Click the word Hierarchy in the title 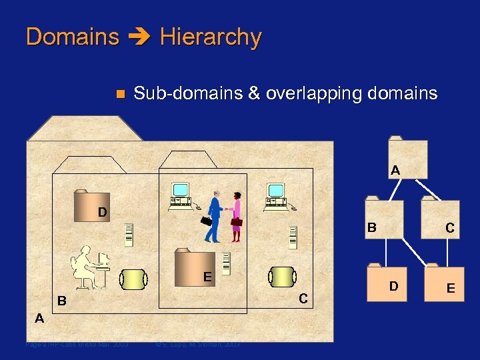pyautogui.click(x=211, y=37)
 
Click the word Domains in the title pyautogui.click(x=72, y=37)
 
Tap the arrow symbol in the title pyautogui.click(x=139, y=37)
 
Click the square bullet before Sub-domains pyautogui.click(x=120, y=94)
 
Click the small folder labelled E pyautogui.click(x=195, y=267)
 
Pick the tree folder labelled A pyautogui.click(x=407, y=158)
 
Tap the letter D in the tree pyautogui.click(x=394, y=286)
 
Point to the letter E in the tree pyautogui.click(x=451, y=288)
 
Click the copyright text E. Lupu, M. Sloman pyautogui.click(x=197, y=345)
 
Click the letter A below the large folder pyautogui.click(x=39, y=318)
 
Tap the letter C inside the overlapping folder pyautogui.click(x=303, y=299)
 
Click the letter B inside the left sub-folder pyautogui.click(x=61, y=301)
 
